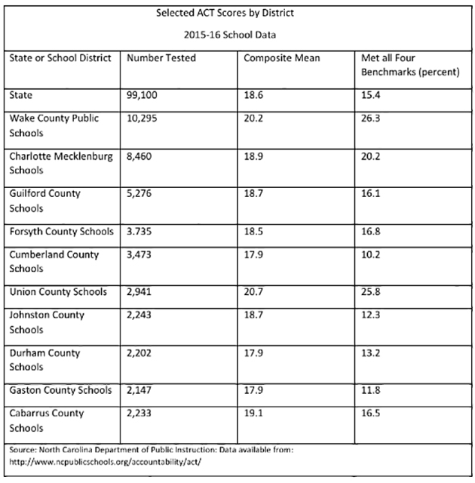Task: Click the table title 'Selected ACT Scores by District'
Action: click(x=237, y=14)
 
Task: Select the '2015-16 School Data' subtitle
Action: click(x=237, y=35)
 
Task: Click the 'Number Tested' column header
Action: click(x=161, y=58)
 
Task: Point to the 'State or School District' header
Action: click(x=60, y=58)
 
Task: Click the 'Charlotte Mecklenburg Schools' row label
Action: click(x=60, y=163)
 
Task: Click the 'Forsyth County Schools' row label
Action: click(x=60, y=232)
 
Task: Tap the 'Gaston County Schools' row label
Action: click(x=60, y=390)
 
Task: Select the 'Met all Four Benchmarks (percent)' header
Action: click(x=410, y=65)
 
